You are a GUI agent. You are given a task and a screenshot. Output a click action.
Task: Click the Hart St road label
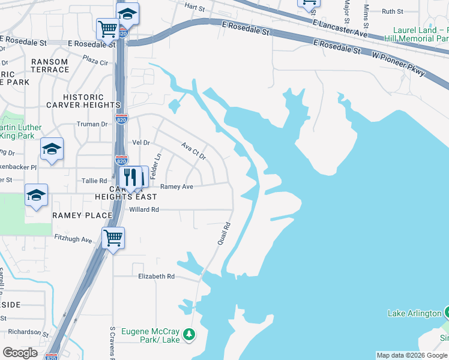point(195,7)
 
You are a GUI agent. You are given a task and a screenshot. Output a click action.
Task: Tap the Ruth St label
point(393,11)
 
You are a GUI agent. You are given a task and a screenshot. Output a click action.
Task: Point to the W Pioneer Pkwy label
point(399,62)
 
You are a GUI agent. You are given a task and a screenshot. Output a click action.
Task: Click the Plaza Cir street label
point(95,61)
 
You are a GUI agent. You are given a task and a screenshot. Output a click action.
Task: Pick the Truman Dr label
point(92,124)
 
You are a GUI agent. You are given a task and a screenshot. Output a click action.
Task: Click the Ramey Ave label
point(176,187)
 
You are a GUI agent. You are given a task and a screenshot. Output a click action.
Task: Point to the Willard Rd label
point(144,209)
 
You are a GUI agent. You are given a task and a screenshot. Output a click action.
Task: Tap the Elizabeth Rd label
point(156,277)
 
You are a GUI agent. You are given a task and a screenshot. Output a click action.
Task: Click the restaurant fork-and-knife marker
point(133,177)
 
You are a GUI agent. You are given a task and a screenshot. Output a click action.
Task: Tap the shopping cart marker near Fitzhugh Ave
point(112,238)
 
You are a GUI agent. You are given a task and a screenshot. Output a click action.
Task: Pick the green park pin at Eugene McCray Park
point(190,334)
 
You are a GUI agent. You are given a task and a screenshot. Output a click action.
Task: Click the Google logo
point(20,353)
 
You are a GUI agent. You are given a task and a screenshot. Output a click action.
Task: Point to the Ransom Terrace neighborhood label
point(50,65)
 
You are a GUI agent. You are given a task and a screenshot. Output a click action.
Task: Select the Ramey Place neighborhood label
point(82,215)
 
